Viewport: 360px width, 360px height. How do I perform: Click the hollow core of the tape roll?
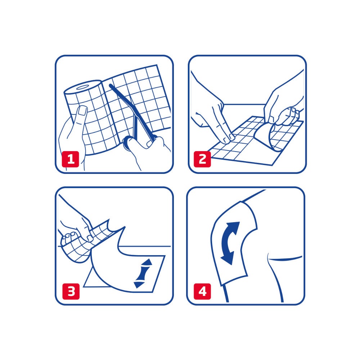point(84,87)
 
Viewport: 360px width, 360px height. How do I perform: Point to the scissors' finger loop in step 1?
point(128,144)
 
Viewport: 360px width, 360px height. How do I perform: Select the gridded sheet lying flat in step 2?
point(238,144)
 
